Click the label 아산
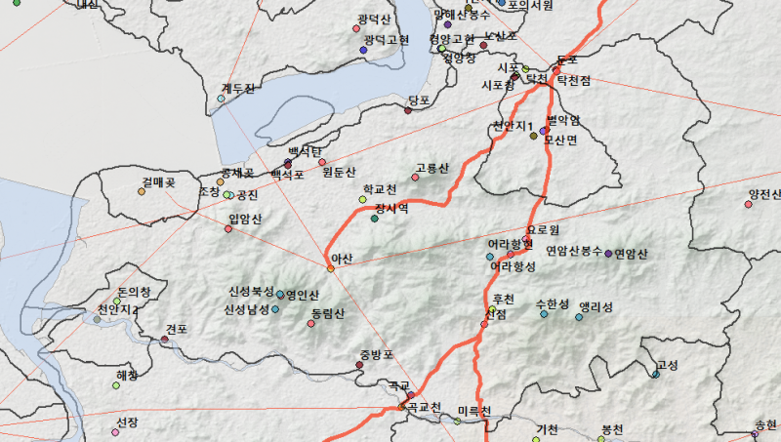(342, 258)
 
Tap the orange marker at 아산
(331, 268)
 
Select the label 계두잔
(237, 89)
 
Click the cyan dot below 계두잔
(222, 99)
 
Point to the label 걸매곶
(157, 181)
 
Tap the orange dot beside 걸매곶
(142, 192)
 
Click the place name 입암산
(244, 219)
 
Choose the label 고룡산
(432, 168)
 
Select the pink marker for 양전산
(749, 204)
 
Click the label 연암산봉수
(574, 251)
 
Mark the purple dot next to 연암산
(608, 254)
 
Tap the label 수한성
(552, 304)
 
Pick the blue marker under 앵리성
(579, 317)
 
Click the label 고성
(668, 365)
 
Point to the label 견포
(177, 329)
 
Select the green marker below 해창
(116, 385)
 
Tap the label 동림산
(327, 313)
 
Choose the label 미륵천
(473, 411)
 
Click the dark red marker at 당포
(408, 110)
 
